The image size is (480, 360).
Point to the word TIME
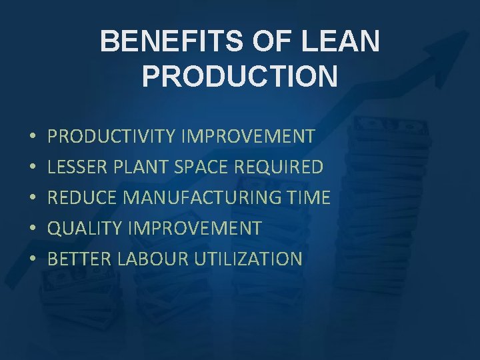tap(309, 198)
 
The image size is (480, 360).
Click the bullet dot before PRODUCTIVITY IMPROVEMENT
tap(33, 137)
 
